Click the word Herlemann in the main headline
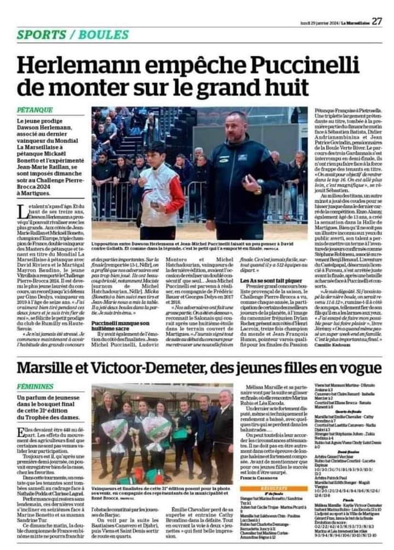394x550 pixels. coord(76,66)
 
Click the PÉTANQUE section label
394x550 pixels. coord(34,110)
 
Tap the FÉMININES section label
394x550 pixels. coord(36,371)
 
